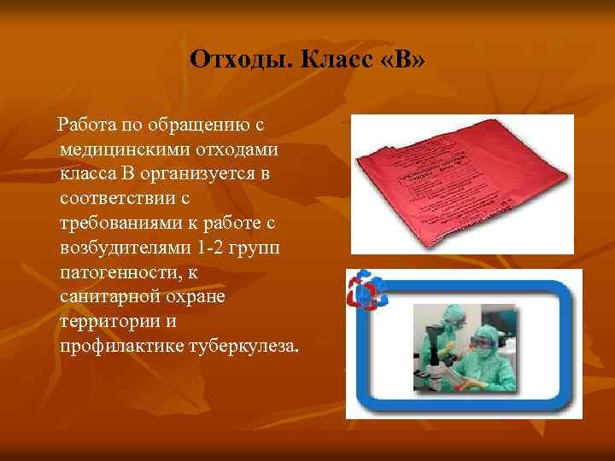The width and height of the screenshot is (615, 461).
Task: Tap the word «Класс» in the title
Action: click(x=315, y=59)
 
